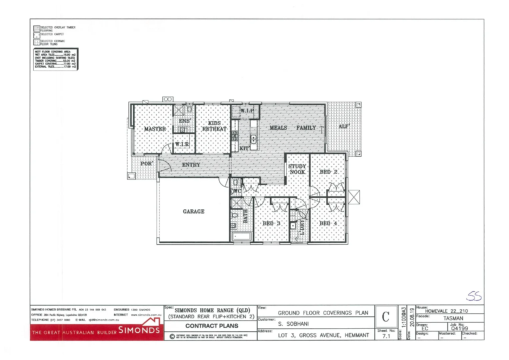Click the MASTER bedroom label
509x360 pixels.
pos(155,129)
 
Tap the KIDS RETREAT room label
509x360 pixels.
pos(214,126)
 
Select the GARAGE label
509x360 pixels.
pos(193,212)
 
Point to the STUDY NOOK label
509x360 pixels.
pos(297,169)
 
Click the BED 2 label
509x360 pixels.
pos(328,172)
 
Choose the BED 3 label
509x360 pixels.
pos(271,223)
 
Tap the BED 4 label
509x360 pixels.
pos(328,223)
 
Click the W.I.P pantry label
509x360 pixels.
pos(247,111)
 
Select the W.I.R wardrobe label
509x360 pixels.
pos(182,144)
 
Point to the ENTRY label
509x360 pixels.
pos(191,165)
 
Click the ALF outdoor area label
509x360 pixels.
pos(344,126)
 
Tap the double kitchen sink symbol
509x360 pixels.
pos(253,139)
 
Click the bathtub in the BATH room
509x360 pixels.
pos(241,237)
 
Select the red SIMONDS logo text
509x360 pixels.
pos(139,330)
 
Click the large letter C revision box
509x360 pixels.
pos(386,317)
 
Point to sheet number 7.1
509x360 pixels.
pos(386,336)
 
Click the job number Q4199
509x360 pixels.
pos(459,329)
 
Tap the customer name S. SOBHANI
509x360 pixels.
pos(293,324)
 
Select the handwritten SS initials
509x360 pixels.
pos(474,296)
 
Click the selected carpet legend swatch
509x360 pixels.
pos(36,35)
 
